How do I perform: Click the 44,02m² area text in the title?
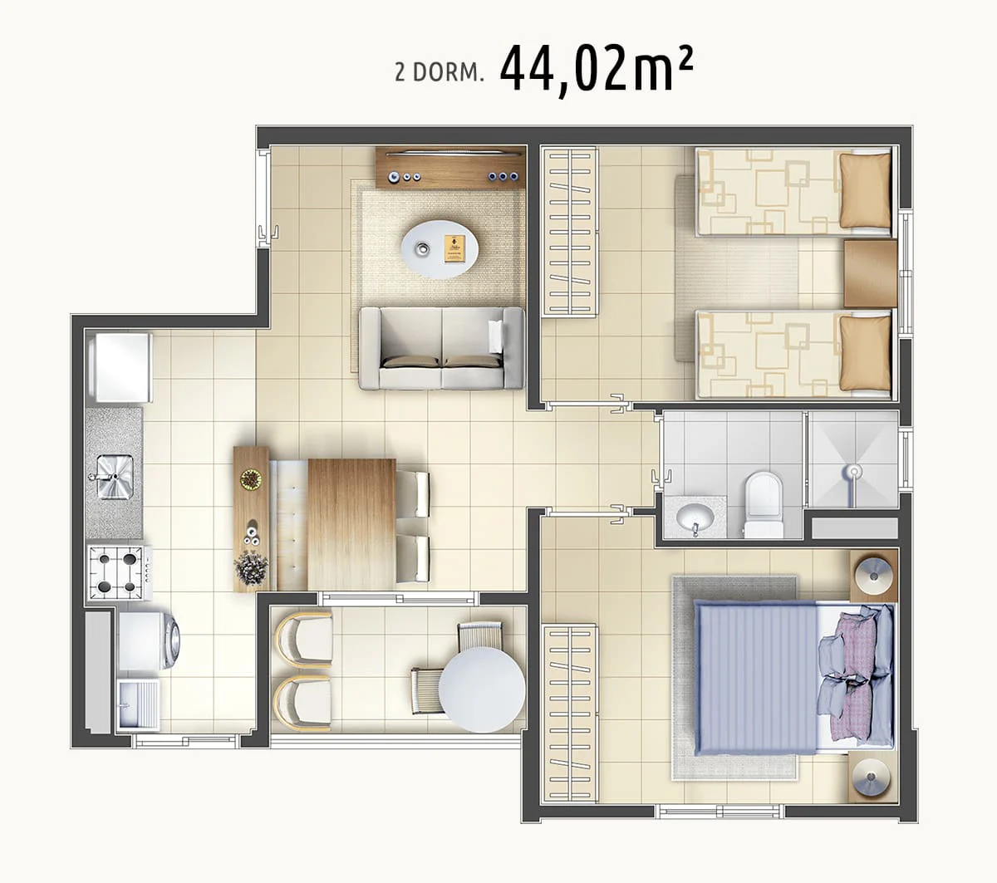[597, 70]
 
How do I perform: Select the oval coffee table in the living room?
[440, 249]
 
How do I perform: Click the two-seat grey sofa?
[441, 348]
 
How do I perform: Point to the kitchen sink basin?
[115, 477]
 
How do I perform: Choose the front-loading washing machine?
[149, 641]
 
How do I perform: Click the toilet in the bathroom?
[764, 505]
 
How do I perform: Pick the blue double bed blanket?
[755, 679]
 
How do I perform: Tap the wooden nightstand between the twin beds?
[871, 273]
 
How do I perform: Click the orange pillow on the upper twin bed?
[865, 190]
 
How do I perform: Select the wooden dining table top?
[351, 524]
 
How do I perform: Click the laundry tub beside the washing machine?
[139, 704]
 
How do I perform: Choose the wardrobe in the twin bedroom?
[570, 231]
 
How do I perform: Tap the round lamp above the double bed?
[872, 576]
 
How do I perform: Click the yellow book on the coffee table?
[454, 249]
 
